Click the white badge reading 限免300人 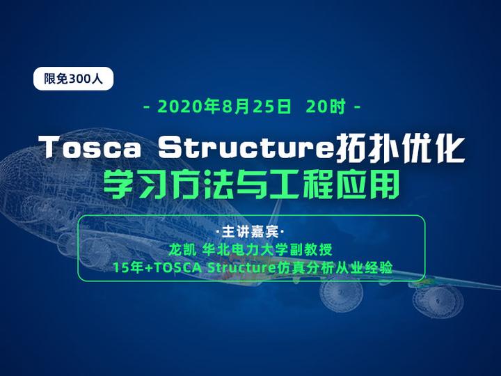tap(73, 79)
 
